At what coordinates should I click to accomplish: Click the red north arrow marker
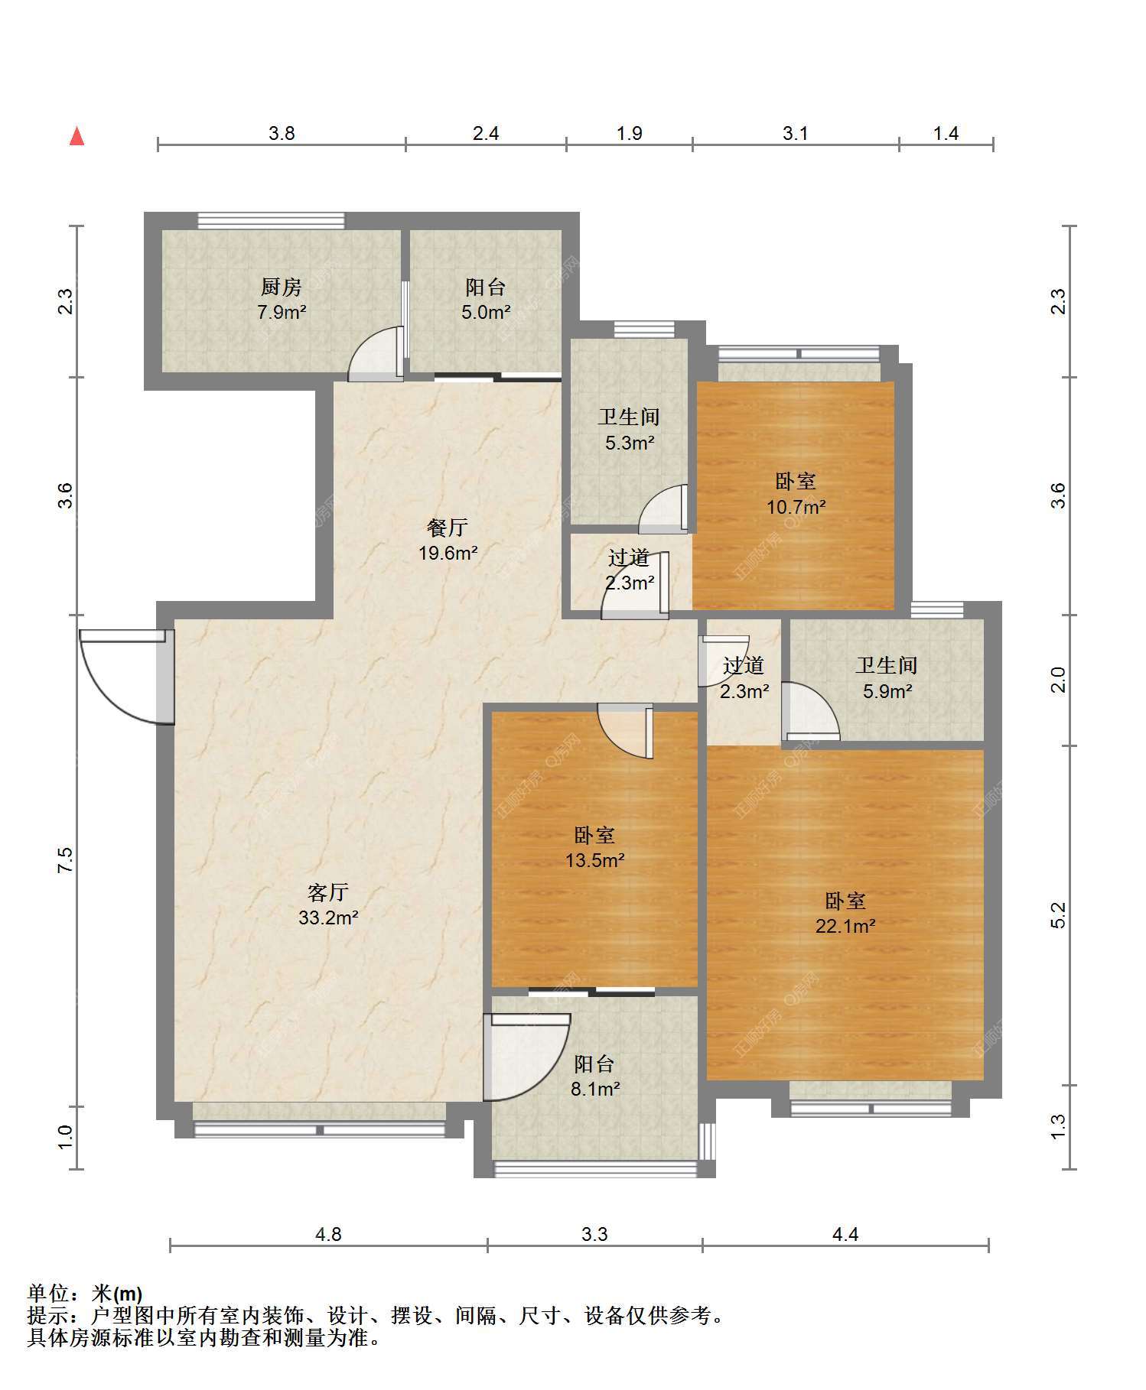click(77, 136)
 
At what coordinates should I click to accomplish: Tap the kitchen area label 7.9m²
click(282, 312)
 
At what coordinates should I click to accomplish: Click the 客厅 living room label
click(328, 891)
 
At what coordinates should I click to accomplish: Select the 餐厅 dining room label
click(448, 528)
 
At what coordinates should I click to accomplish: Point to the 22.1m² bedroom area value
click(845, 926)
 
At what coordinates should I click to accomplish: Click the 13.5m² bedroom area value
click(595, 861)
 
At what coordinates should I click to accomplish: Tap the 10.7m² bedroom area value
click(796, 507)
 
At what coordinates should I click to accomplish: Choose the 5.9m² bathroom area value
click(887, 692)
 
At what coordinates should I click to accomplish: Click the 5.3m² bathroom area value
click(630, 443)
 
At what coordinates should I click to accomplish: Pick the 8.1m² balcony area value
click(595, 1089)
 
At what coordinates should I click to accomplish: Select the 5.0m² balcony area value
click(487, 312)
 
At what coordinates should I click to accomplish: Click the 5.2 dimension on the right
click(1057, 915)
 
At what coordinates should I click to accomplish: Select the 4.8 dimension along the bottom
click(328, 1234)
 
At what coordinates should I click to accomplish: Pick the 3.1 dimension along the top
click(796, 134)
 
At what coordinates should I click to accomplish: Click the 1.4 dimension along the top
click(946, 134)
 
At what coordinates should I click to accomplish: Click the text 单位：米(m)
click(85, 1294)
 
